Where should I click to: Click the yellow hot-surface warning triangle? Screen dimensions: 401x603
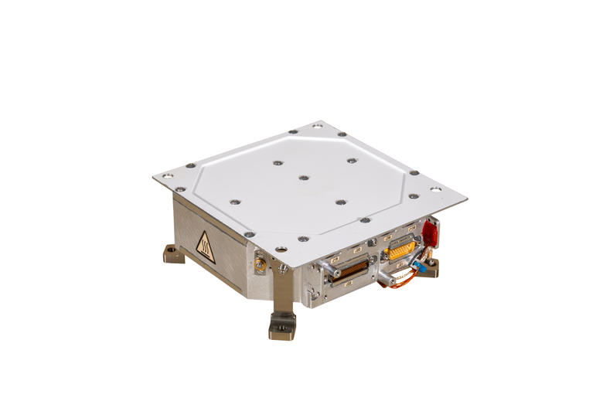[x=206, y=246]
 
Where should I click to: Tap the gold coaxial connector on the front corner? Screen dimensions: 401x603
[x=259, y=265]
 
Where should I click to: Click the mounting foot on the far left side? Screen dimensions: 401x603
[x=173, y=253]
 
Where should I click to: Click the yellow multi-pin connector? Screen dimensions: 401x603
[x=401, y=250]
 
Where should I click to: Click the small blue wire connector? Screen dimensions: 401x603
[x=418, y=265]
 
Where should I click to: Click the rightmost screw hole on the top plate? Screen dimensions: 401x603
[x=435, y=189]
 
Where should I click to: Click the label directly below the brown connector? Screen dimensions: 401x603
[x=349, y=287]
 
